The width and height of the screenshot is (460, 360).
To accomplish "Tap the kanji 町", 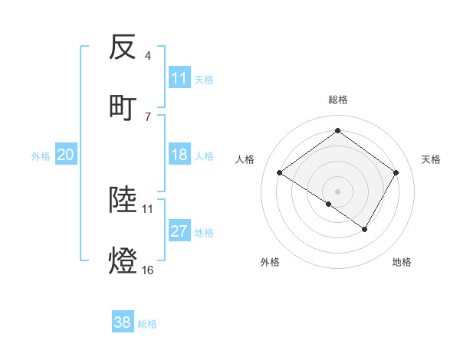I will click(x=123, y=107).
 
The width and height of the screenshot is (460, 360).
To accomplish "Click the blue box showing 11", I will click(x=179, y=78).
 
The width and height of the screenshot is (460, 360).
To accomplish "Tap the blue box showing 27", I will click(x=179, y=232).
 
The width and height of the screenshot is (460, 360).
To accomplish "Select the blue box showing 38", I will click(x=123, y=323).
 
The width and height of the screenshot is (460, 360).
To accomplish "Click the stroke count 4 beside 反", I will click(x=148, y=56).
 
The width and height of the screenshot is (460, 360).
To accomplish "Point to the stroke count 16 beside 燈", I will click(x=147, y=270).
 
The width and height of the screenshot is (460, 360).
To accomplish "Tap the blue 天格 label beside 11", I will click(x=204, y=79).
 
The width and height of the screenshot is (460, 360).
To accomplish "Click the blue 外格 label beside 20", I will click(x=41, y=156).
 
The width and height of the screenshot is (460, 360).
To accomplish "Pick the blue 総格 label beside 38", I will click(x=147, y=324).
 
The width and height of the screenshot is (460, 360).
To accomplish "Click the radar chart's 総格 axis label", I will click(x=338, y=100).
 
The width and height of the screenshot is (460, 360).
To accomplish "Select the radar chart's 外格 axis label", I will click(x=270, y=262).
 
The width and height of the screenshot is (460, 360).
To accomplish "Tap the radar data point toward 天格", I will click(x=396, y=173).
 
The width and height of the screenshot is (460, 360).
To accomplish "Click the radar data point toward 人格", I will click(x=280, y=173).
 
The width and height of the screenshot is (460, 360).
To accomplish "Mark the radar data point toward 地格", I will click(x=365, y=229).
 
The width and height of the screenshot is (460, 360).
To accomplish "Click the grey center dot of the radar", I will click(x=337, y=191).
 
